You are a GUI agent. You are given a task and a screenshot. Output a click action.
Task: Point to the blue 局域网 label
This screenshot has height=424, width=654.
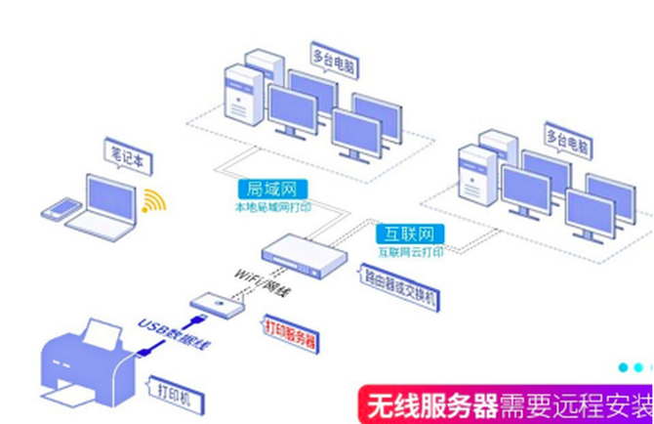(265, 189)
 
